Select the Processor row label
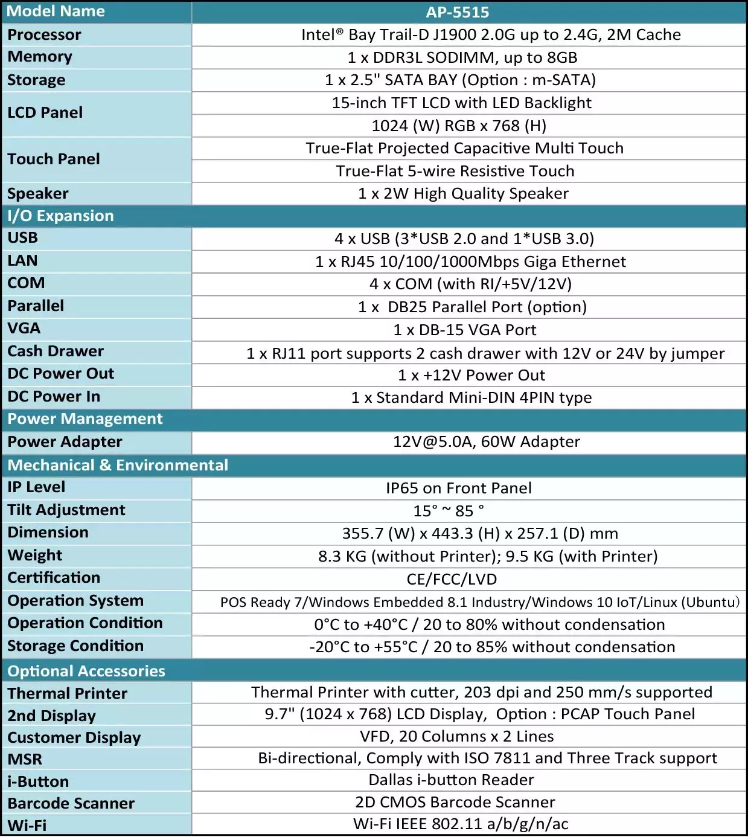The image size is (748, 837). tap(44, 35)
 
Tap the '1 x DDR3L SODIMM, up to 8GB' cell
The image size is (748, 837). tap(462, 57)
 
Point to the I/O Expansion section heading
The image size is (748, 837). tap(60, 216)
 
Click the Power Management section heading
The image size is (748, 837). tap(85, 419)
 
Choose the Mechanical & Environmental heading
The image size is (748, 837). tap(118, 465)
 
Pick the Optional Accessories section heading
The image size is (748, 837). tap(86, 671)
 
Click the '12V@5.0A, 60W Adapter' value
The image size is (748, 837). tap(487, 442)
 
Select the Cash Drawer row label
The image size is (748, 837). tap(56, 351)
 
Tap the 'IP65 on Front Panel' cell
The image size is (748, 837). tap(459, 488)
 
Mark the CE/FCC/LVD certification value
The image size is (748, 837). tap(452, 579)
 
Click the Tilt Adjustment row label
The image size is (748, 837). tap(66, 510)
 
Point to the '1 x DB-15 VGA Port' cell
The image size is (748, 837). tap(465, 330)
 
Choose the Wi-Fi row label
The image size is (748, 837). tap(27, 826)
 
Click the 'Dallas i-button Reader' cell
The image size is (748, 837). tap(452, 780)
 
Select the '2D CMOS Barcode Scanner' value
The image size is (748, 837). tap(455, 802)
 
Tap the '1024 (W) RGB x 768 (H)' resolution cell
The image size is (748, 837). tap(459, 126)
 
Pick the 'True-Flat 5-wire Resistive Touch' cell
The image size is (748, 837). tap(455, 171)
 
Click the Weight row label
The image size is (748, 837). tap(35, 556)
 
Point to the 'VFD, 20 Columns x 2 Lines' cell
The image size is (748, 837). tap(457, 737)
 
